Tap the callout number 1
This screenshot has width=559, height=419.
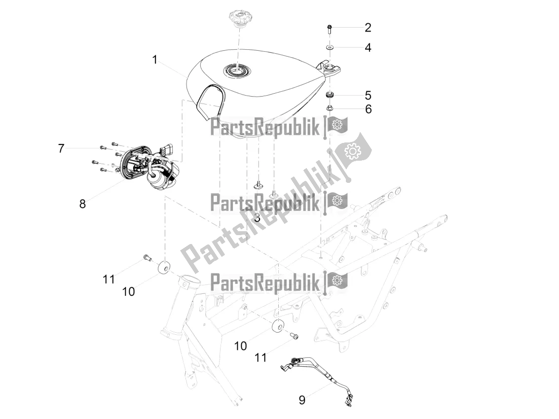pyautogui.click(x=154, y=60)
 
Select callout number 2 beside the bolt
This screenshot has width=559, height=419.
pyautogui.click(x=368, y=28)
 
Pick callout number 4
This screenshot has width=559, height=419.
pyautogui.click(x=368, y=48)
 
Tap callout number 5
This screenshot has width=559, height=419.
pyautogui.click(x=368, y=96)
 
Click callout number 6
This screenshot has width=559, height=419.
pyautogui.click(x=368, y=109)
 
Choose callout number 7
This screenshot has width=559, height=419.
pyautogui.click(x=61, y=148)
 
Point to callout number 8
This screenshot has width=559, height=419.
pyautogui.click(x=82, y=204)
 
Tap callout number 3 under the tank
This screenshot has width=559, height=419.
pyautogui.click(x=257, y=218)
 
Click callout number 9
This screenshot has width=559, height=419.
pyautogui.click(x=302, y=400)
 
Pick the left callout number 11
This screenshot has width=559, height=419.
pyautogui.click(x=109, y=279)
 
